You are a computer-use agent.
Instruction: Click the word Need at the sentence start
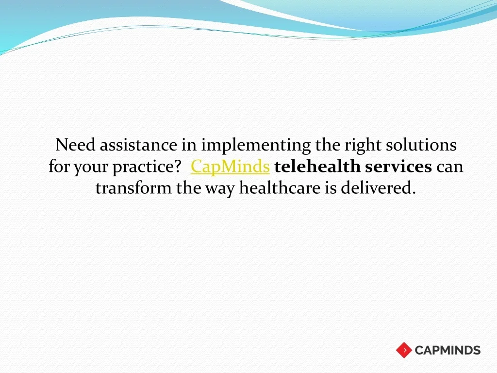[x=75, y=145]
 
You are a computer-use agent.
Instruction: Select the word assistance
[x=138, y=145]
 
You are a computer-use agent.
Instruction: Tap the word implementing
[x=256, y=146]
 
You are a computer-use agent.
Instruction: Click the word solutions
[x=421, y=145]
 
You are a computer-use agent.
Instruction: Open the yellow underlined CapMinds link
[x=230, y=167]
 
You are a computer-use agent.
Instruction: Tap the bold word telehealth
[x=317, y=166]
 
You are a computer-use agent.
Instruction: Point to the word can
[x=450, y=168]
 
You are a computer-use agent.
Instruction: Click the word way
[x=220, y=189]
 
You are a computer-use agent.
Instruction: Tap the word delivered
[x=378, y=187]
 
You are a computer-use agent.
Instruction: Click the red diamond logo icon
[x=404, y=350]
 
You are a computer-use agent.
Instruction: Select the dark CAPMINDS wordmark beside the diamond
[x=447, y=350]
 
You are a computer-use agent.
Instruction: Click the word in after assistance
[x=189, y=145]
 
